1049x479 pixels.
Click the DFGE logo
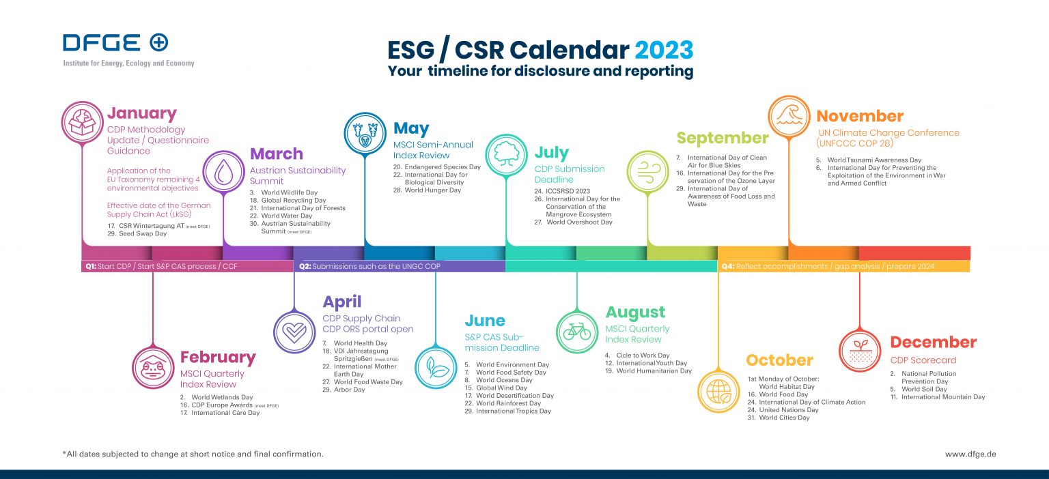pyautogui.click(x=115, y=43)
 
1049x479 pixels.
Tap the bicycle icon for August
pyautogui.click(x=577, y=332)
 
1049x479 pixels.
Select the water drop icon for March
pyautogui.click(x=224, y=173)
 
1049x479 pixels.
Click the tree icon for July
pyautogui.click(x=506, y=154)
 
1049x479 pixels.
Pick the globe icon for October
pyautogui.click(x=718, y=392)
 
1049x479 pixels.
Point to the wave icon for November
pyautogui.click(x=789, y=116)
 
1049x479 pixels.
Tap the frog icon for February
pyautogui.click(x=153, y=368)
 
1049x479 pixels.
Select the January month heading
pyautogui.click(x=141, y=113)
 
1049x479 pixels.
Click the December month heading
pyautogui.click(x=933, y=342)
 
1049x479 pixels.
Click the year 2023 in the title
pyautogui.click(x=664, y=50)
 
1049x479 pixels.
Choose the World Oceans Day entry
pyautogui.click(x=504, y=380)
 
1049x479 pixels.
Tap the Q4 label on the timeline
pyautogui.click(x=727, y=266)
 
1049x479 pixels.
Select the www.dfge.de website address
pyautogui.click(x=970, y=454)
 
